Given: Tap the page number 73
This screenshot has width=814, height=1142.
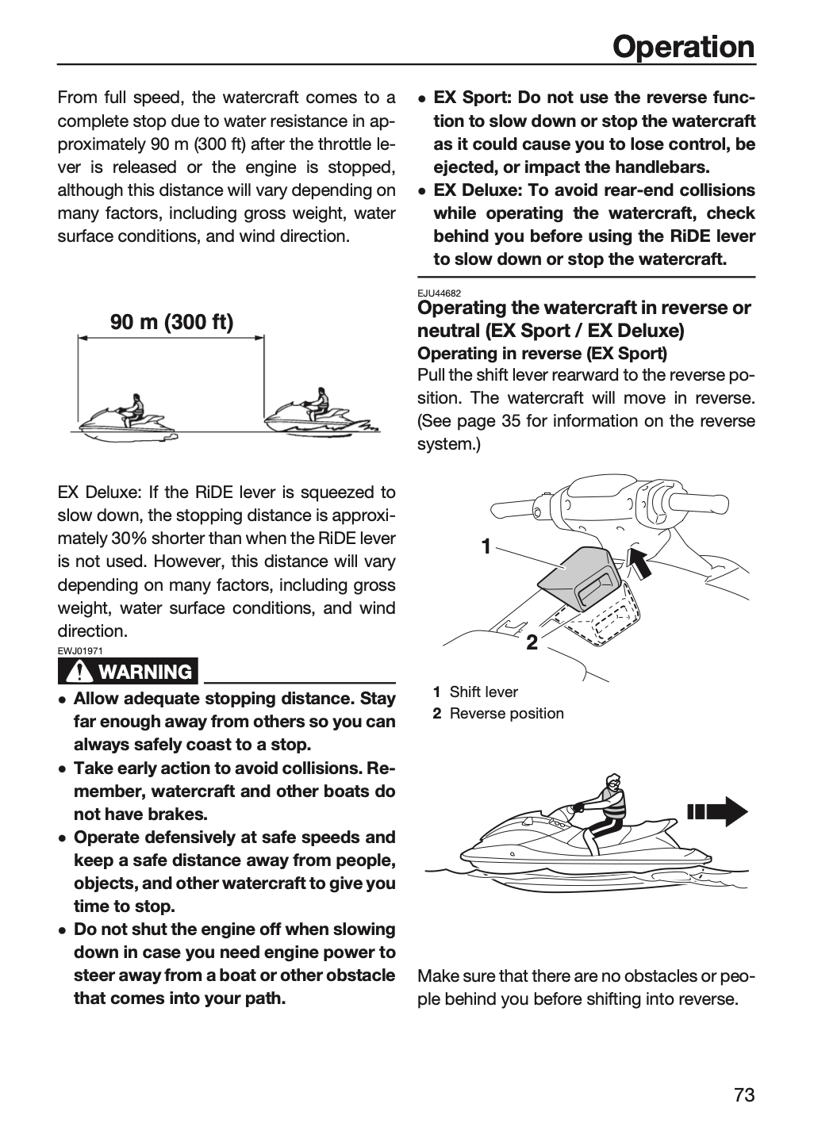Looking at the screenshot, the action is click(745, 1094).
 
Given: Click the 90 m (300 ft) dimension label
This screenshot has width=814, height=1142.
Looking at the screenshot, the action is click(171, 322).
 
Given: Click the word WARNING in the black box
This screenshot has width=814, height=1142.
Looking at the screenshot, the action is click(145, 672).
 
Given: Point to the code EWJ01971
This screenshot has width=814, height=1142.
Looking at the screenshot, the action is click(80, 651).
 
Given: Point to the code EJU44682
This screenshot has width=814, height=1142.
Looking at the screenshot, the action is click(440, 293).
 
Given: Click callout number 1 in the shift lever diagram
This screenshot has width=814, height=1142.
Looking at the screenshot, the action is click(486, 547).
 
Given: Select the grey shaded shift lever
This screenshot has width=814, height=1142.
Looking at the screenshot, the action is click(581, 576).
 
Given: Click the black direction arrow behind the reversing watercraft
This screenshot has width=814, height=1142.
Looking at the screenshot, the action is click(717, 811).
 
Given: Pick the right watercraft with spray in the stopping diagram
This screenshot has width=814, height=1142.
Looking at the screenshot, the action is click(321, 414).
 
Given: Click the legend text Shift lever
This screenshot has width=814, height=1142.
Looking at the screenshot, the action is click(483, 692).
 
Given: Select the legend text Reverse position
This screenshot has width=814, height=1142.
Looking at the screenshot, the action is click(506, 713).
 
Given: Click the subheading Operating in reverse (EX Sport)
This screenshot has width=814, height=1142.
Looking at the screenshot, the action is click(542, 354).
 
